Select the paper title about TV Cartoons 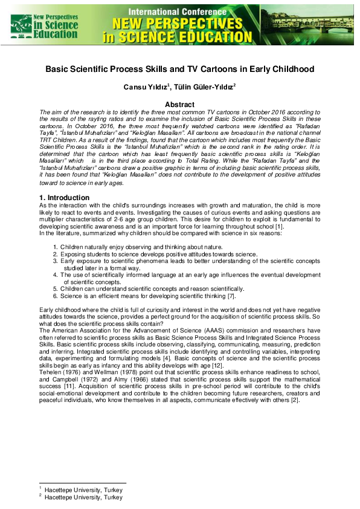pos(179,69)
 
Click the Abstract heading pos(179,105)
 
